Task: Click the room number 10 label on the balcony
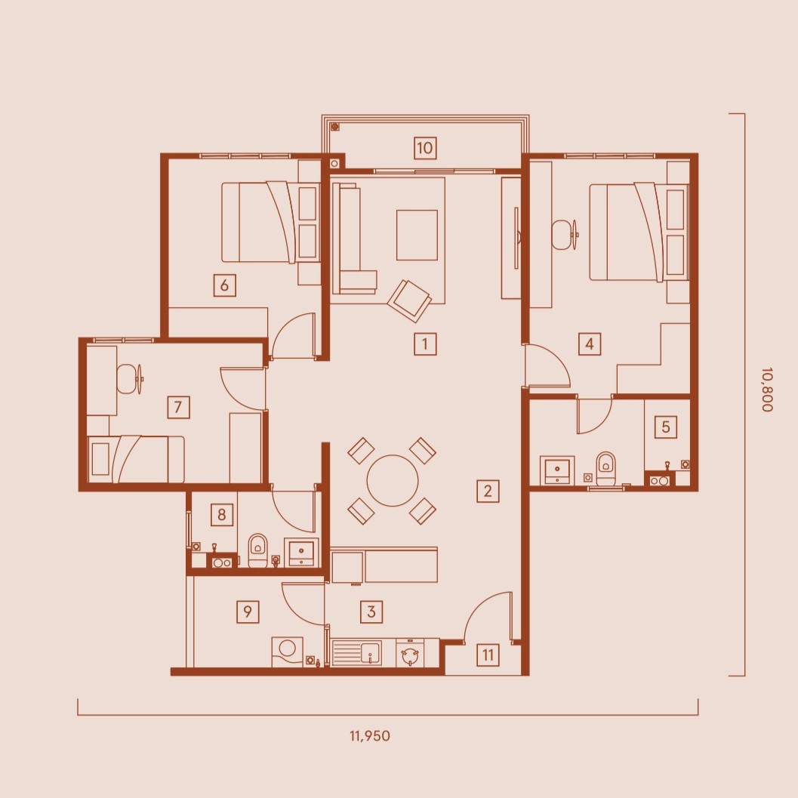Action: click(425, 148)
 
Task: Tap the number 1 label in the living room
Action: click(425, 344)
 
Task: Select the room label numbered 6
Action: click(224, 285)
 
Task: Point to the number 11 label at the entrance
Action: click(488, 655)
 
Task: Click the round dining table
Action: click(393, 480)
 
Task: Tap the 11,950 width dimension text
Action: click(370, 736)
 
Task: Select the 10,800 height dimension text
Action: click(768, 390)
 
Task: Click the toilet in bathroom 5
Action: click(605, 469)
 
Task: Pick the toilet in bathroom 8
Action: click(257, 550)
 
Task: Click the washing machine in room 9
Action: click(287, 652)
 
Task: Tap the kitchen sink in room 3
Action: click(357, 653)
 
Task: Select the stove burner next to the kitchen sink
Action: click(410, 654)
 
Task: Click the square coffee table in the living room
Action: click(417, 235)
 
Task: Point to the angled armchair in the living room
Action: click(409, 300)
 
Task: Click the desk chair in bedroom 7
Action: click(130, 379)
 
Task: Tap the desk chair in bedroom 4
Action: click(565, 235)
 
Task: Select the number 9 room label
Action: click(248, 612)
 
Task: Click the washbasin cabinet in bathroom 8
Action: click(301, 552)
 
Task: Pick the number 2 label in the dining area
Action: click(488, 491)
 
